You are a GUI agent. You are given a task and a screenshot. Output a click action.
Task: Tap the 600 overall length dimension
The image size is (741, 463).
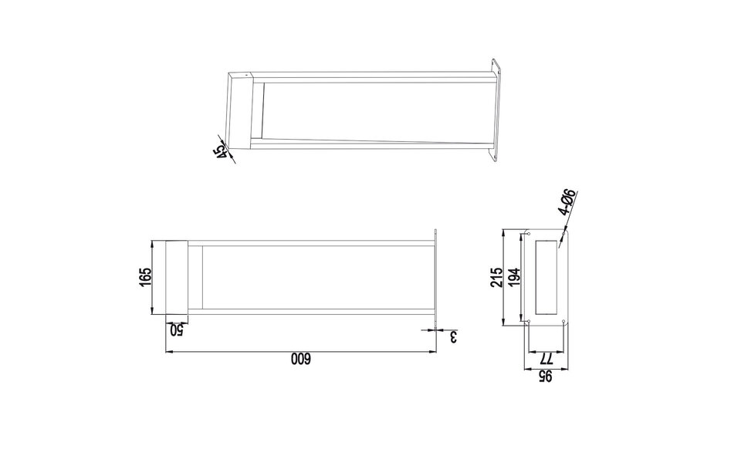pyautogui.click(x=299, y=360)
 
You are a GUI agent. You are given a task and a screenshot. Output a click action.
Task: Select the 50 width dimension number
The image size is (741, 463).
pyautogui.click(x=177, y=330)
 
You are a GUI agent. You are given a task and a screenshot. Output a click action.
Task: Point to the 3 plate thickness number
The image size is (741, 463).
pyautogui.click(x=453, y=337)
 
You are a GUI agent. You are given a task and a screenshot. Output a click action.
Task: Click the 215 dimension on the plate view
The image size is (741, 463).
pyautogui.click(x=497, y=277)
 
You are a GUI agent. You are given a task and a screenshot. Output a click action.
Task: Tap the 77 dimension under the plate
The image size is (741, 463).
pyautogui.click(x=546, y=358)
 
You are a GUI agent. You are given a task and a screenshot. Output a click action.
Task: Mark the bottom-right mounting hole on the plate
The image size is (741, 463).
pyautogui.click(x=565, y=322)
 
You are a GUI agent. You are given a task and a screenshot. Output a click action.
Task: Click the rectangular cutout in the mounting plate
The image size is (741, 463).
pyautogui.click(x=546, y=277)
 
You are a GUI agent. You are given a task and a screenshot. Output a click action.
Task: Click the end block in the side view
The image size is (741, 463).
pyautogui.click(x=177, y=277)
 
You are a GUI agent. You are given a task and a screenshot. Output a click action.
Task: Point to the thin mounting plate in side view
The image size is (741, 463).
pyautogui.click(x=436, y=278)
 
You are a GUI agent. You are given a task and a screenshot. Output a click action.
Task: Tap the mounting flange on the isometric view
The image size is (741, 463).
pyautogui.click(x=496, y=113)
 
